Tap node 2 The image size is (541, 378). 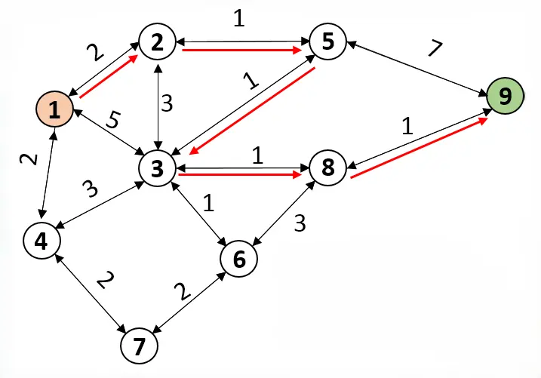coord(157,42)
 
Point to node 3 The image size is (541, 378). coord(157,167)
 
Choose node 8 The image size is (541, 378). coord(327,167)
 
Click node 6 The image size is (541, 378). coord(239,259)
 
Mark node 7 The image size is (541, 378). coord(139,346)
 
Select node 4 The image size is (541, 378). coord(41,241)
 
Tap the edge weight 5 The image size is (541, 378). coord(113,119)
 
